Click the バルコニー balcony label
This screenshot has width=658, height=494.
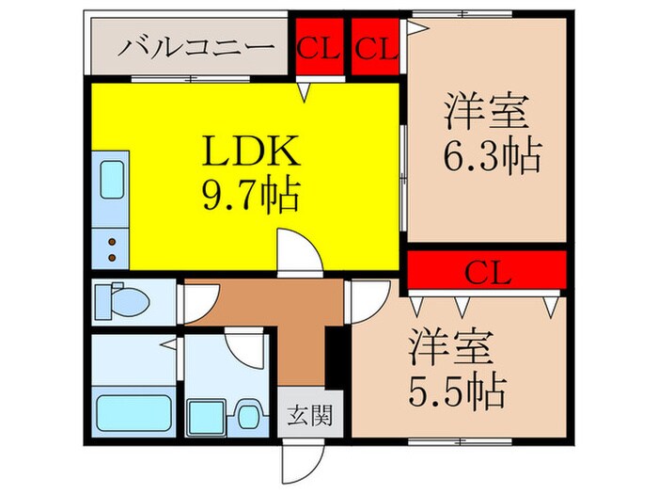196,47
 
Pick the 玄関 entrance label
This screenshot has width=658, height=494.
307,413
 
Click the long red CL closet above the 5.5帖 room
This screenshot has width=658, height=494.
487,274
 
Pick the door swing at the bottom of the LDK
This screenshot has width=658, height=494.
299,252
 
